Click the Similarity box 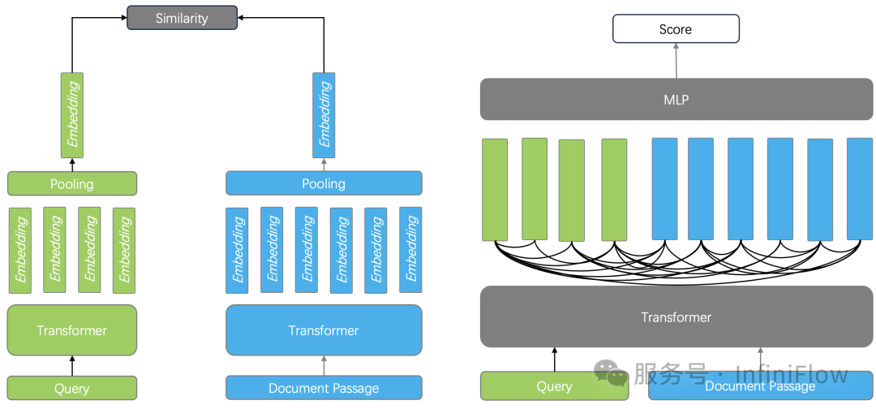coord(182,18)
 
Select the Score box coord(675,29)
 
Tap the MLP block coord(676,99)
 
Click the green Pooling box coord(72,183)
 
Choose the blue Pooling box coord(324,183)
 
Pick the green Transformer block coord(72,330)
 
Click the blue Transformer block coord(324,330)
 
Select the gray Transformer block coord(676,317)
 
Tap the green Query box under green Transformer coord(72,389)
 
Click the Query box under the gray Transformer coord(554,386)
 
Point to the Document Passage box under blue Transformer coord(324,389)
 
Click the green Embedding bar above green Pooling coord(72,114)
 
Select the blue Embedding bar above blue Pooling coord(324,114)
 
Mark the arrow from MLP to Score coord(675,60)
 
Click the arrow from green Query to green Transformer coord(72,366)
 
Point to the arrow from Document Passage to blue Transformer coord(324,366)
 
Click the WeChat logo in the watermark coord(610,374)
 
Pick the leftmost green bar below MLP coord(495,190)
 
